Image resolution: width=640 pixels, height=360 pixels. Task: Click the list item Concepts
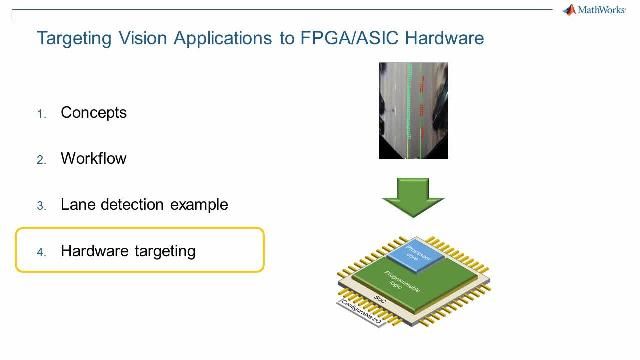tap(94, 113)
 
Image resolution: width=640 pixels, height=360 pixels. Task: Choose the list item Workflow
tap(94, 159)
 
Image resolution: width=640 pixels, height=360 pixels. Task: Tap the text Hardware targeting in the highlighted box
tap(128, 251)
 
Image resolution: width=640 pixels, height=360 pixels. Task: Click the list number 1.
tap(42, 114)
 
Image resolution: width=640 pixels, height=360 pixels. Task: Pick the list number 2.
tap(42, 160)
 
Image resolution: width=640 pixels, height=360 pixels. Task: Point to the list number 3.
tap(42, 206)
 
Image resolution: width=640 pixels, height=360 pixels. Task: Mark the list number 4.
tap(42, 252)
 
